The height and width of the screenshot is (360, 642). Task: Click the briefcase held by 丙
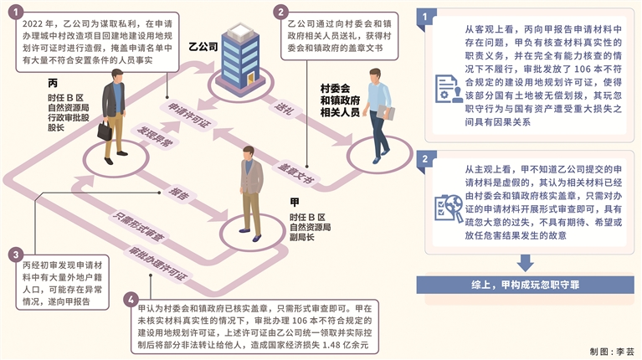pyautogui.click(x=104, y=131)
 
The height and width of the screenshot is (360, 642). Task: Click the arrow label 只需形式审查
pyautogui.click(x=133, y=232)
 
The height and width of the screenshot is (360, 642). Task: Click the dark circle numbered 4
pyautogui.click(x=128, y=299)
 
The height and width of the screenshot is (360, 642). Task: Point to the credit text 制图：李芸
pyautogui.click(x=612, y=351)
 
